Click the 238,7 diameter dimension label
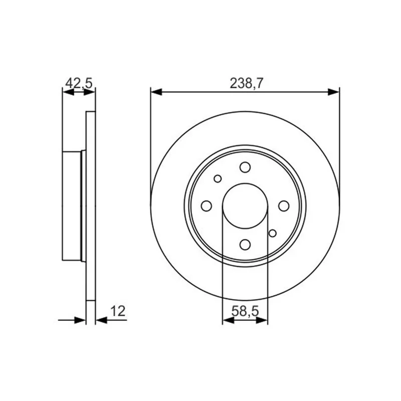coord(246,83)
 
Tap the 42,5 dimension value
coord(79,83)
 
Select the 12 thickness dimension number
coord(118,311)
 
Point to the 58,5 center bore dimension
coord(245,311)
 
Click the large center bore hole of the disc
coord(245,206)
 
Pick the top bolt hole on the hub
coord(245,167)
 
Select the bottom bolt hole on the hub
coord(245,245)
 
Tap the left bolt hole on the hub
coord(207,206)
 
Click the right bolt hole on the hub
coord(284,206)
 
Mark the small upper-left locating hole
coord(218,178)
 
